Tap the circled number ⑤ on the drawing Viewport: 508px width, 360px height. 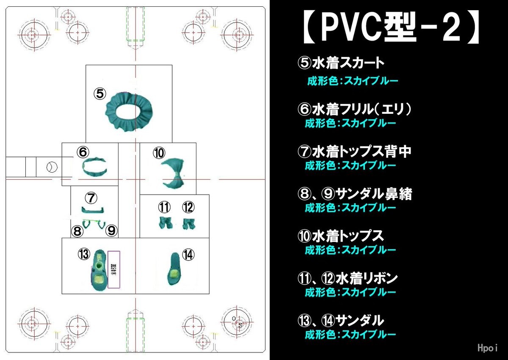pos(100,94)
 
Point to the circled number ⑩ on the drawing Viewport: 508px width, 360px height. pos(159,153)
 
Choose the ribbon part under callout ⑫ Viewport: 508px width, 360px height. pos(188,223)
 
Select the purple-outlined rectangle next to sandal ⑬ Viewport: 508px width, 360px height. pos(114,269)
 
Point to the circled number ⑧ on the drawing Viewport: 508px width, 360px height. pos(77,231)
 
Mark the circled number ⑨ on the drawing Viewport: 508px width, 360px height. pos(111,231)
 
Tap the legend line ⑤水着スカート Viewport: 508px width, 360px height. pos(341,63)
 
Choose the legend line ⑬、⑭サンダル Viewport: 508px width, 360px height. pos(341,320)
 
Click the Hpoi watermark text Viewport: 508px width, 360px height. pos(487,348)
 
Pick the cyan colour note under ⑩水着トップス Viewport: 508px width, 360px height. pos(351,250)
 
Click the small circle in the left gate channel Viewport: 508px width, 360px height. pos(51,167)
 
